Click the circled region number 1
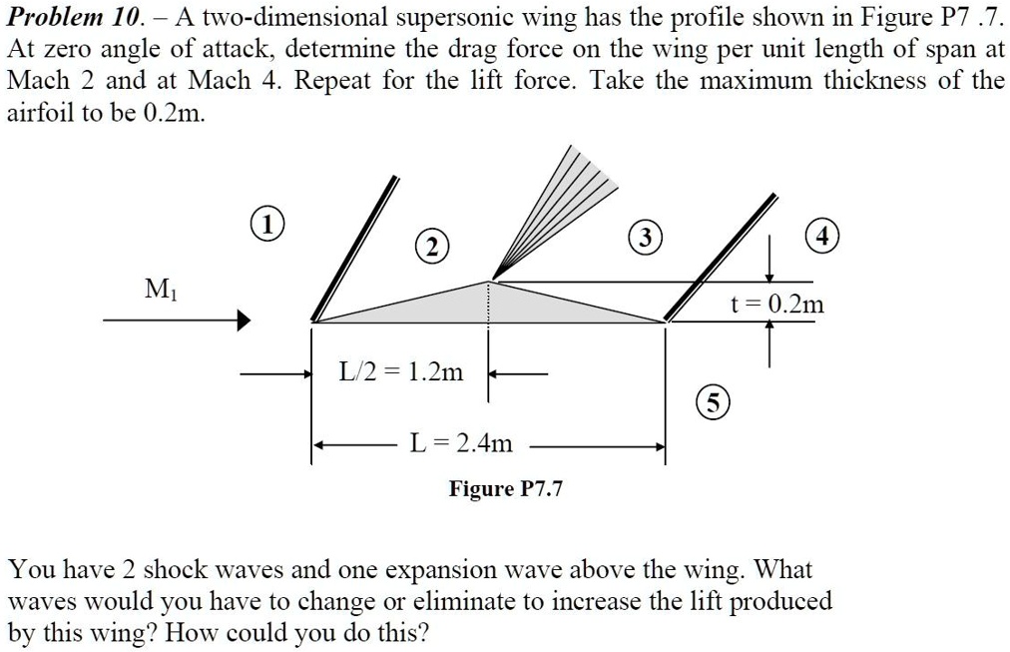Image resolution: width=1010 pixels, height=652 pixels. pos(268,223)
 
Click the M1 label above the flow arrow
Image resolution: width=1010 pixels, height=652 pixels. pos(157,289)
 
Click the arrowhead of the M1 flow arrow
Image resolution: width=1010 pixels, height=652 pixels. pos(243,321)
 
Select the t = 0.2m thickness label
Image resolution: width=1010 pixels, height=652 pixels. pos(777,305)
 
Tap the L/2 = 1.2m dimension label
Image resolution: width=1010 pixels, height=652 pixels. pos(401,373)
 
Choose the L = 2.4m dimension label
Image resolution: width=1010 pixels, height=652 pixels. pos(460,442)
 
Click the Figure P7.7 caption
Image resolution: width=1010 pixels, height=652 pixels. pos(505,488)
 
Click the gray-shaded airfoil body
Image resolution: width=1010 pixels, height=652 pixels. pos(488,306)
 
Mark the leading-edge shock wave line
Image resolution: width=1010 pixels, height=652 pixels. pos(354,250)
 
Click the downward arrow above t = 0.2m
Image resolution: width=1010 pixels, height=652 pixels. pos(769,265)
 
